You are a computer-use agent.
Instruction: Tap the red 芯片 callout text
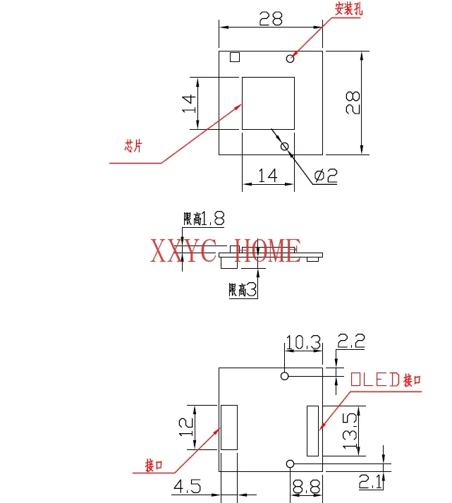133,147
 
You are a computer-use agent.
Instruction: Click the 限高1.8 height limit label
203,219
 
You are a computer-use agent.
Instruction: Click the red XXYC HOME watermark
226,251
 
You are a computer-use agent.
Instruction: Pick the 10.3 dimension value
303,344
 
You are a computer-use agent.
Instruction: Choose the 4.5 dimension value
188,486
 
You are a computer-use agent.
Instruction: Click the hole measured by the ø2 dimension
285,147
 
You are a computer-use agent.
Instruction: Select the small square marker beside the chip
235,57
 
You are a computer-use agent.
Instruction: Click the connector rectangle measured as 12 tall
229,427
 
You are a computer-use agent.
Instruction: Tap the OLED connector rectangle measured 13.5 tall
312,430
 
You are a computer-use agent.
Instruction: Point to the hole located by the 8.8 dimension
290,463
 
